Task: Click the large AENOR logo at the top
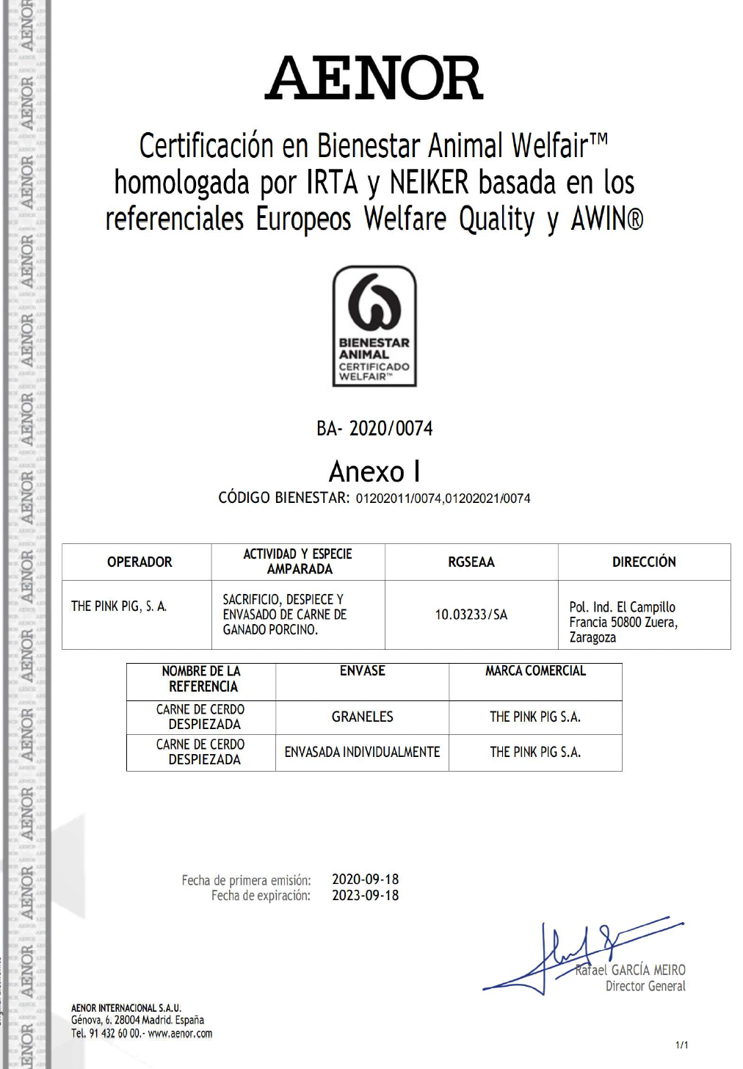coord(374,78)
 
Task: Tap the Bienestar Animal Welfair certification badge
coord(374,326)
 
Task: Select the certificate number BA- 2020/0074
coord(374,428)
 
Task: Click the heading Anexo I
coord(374,471)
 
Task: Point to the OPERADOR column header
coord(139,562)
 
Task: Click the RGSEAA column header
coord(471,562)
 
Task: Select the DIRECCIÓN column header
coord(644,562)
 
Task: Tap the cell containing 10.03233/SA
coord(471,615)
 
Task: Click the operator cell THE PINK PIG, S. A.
coord(119,606)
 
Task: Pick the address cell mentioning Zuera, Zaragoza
coord(623,622)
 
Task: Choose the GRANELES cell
coord(362,717)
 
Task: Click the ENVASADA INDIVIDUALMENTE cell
coord(362,752)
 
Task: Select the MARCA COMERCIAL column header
coord(535,671)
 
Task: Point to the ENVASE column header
coord(362,671)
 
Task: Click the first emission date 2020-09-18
coord(365,879)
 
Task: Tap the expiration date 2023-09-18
coord(365,895)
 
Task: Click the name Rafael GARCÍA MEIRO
coord(631,970)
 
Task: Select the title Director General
coord(645,986)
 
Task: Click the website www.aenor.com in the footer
coord(180,1033)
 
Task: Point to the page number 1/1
coord(681,1045)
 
